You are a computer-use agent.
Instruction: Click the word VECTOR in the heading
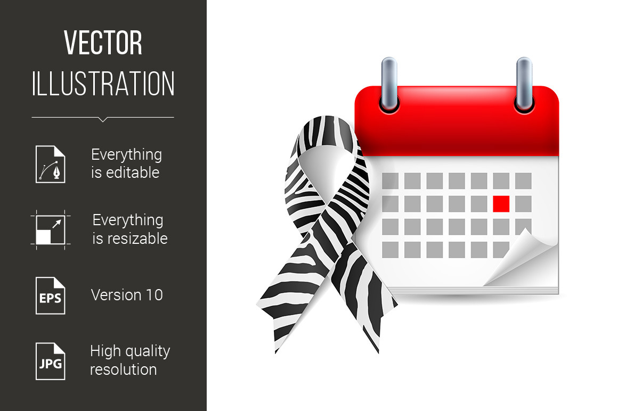point(103,43)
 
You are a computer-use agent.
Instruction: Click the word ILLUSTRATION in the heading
point(103,84)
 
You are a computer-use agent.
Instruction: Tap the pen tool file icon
point(51,164)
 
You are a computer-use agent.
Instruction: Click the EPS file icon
point(51,295)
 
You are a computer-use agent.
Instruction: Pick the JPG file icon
point(51,361)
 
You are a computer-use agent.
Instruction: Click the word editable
point(132,172)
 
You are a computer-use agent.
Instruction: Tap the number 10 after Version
point(153,295)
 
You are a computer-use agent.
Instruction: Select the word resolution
point(123,369)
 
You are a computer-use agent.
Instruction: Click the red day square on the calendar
point(501,203)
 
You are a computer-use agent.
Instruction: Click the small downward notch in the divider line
point(103,119)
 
